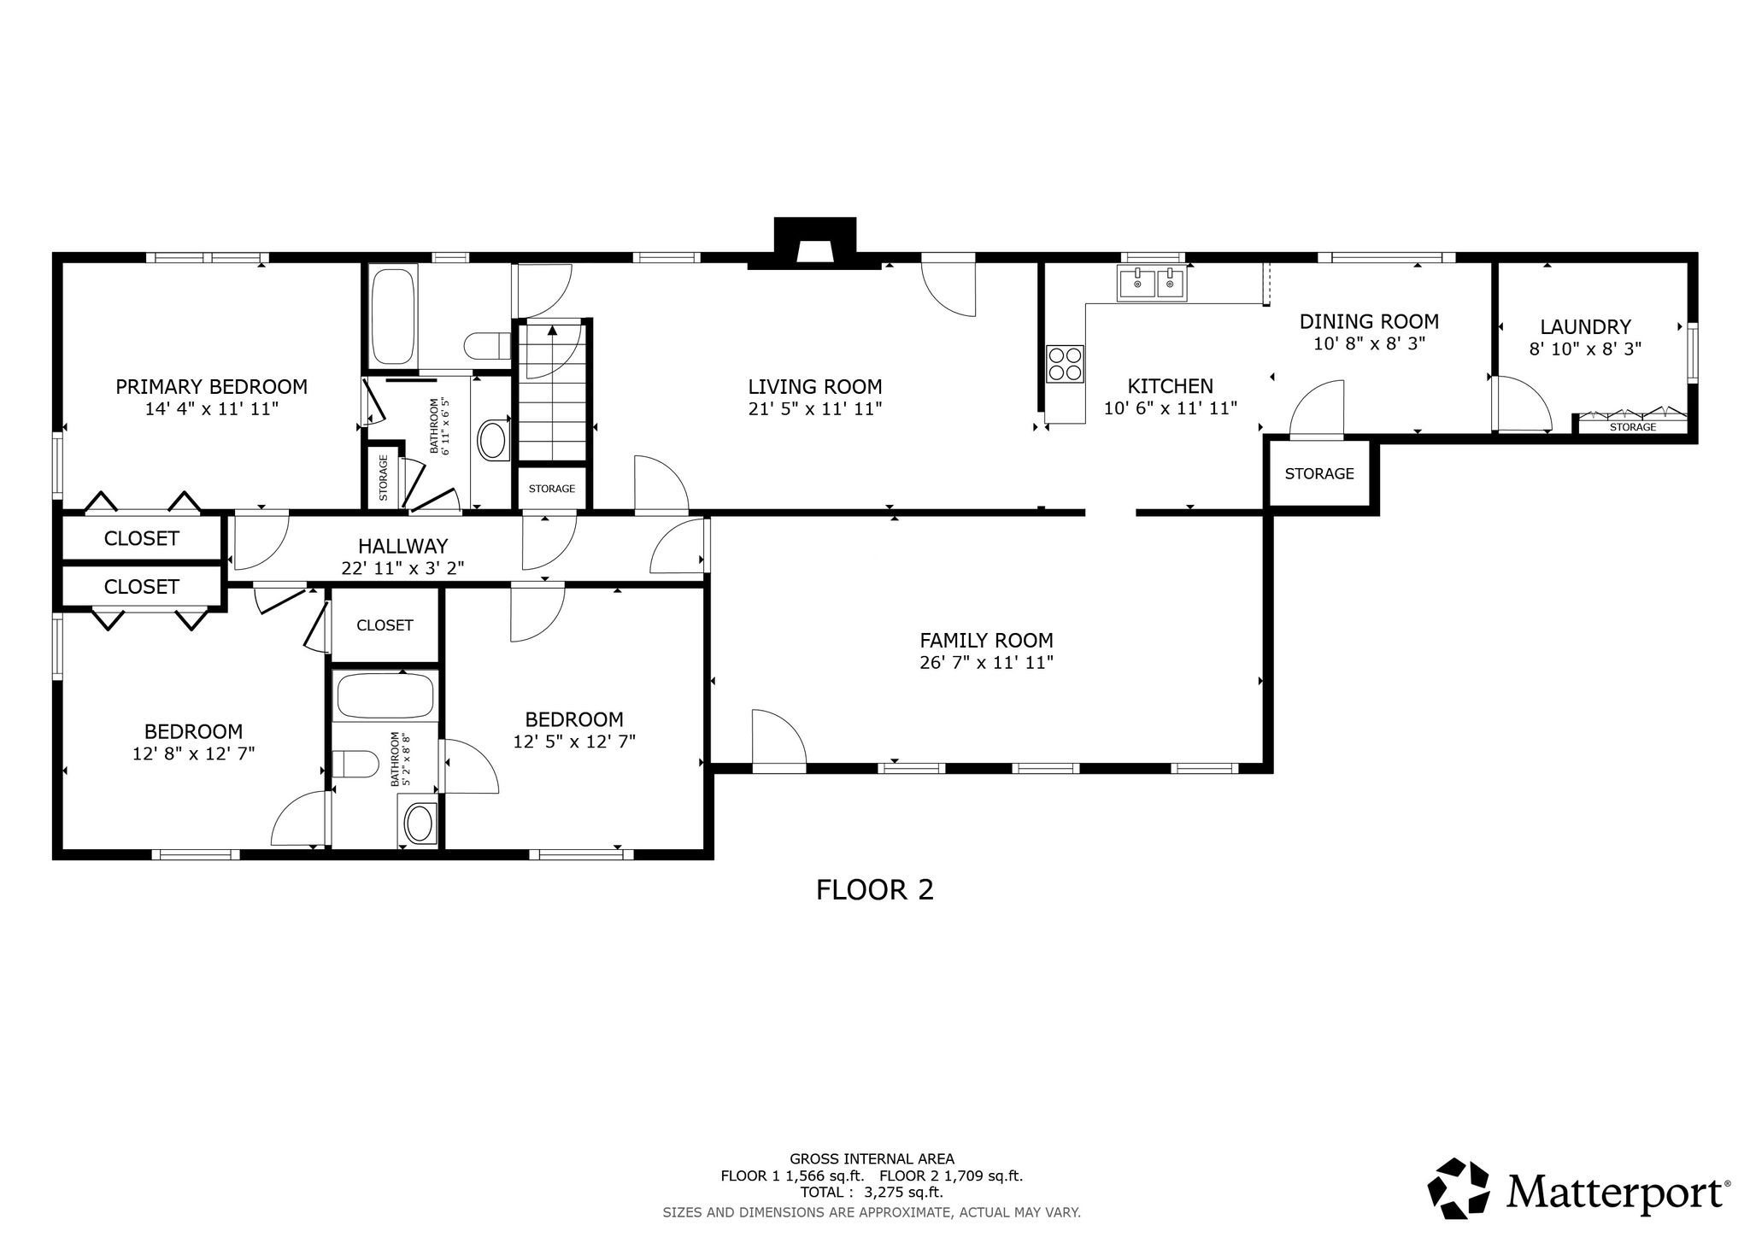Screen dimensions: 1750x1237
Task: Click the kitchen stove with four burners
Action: pyautogui.click(x=1065, y=362)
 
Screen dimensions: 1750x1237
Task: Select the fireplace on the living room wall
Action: pyautogui.click(x=814, y=243)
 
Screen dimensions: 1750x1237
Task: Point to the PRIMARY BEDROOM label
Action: pyautogui.click(x=211, y=386)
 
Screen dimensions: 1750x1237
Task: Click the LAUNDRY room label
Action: pyautogui.click(x=1585, y=326)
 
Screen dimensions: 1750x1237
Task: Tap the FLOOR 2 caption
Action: pyautogui.click(x=874, y=890)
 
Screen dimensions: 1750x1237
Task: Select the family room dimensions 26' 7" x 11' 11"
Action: pyautogui.click(x=986, y=662)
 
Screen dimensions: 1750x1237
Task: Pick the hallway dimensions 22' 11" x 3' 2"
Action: pyautogui.click(x=402, y=567)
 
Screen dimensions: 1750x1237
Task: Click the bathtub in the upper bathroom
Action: pyautogui.click(x=392, y=316)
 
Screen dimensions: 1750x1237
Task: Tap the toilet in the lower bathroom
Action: pyautogui.click(x=355, y=764)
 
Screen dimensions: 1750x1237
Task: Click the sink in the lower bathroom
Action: pyautogui.click(x=419, y=823)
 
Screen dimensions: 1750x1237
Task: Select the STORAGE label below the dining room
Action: pyautogui.click(x=1319, y=473)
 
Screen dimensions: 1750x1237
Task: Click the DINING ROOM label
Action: pyautogui.click(x=1369, y=321)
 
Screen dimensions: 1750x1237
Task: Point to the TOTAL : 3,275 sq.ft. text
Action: pyautogui.click(x=872, y=1193)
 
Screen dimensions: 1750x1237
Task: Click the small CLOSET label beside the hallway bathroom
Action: pyautogui.click(x=385, y=625)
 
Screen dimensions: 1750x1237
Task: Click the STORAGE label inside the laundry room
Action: pyautogui.click(x=1633, y=427)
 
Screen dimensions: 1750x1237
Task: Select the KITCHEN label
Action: pyautogui.click(x=1170, y=386)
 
